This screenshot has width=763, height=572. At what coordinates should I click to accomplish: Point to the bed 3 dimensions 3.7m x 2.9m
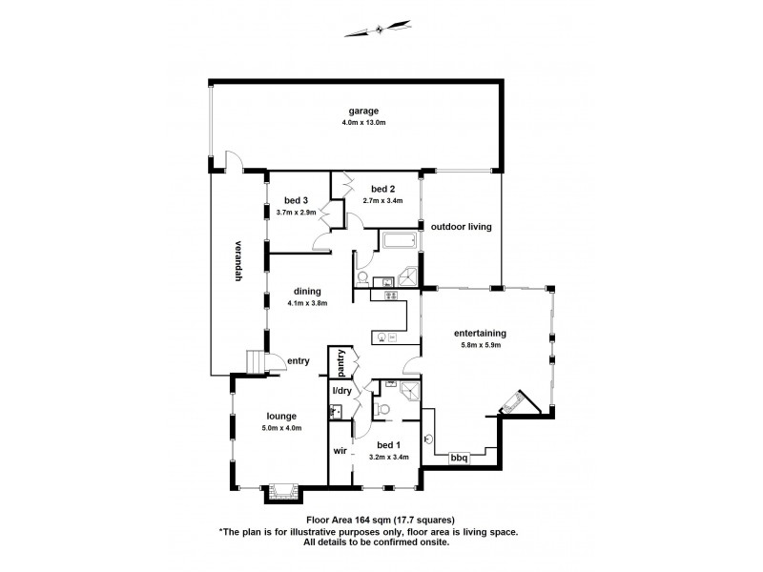[x=297, y=212]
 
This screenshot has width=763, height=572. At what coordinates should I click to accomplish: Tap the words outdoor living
[x=461, y=227]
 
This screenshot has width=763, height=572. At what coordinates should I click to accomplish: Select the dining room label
[x=307, y=292]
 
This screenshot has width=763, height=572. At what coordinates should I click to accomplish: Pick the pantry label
[x=337, y=364]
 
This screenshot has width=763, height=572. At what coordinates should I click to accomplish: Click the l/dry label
[x=341, y=391]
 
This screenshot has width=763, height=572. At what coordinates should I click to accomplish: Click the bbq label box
[x=459, y=459]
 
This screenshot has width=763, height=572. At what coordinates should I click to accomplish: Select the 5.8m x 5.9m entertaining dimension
[x=480, y=344]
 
